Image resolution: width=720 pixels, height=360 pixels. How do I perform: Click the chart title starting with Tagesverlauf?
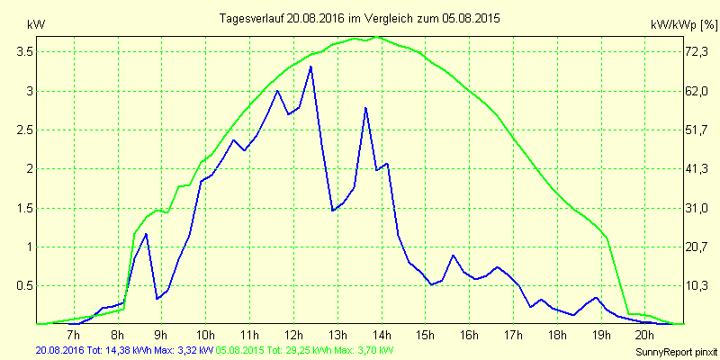[x=359, y=19]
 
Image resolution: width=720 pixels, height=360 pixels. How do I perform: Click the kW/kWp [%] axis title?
[x=684, y=25]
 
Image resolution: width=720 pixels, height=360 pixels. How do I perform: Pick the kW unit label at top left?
[x=36, y=25]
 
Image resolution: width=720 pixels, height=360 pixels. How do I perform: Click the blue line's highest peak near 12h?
[x=310, y=67]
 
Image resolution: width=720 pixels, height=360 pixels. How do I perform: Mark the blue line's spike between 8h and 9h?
[x=146, y=234]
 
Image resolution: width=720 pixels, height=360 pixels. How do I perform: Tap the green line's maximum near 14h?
[x=377, y=37]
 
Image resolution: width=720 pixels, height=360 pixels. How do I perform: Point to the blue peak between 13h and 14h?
[x=365, y=108]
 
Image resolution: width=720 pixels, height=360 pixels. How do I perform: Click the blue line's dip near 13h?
[x=333, y=211]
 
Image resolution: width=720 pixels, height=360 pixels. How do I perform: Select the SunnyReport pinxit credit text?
[x=677, y=352]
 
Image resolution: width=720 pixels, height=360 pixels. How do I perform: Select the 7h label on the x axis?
[x=74, y=333]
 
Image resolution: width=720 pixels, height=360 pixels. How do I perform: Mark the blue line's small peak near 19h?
[x=596, y=298]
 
